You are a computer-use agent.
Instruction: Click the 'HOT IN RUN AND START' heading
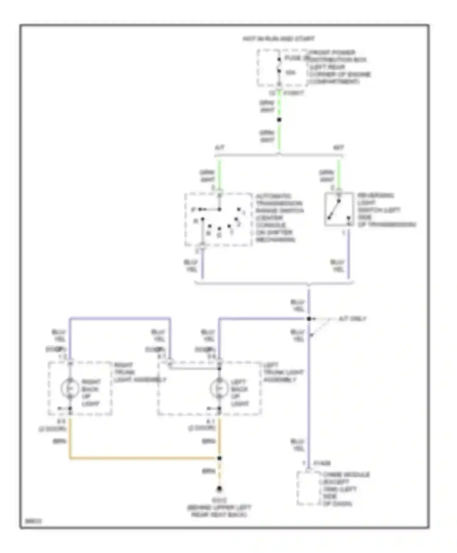(x=278, y=39)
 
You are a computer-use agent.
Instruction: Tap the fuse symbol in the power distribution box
(x=279, y=65)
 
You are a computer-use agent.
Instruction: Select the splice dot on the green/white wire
(x=279, y=120)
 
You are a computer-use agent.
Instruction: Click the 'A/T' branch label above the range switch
(x=220, y=148)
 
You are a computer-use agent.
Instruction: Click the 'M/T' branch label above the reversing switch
(x=338, y=148)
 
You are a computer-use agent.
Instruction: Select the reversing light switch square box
(x=339, y=209)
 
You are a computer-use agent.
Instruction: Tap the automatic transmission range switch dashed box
(x=218, y=219)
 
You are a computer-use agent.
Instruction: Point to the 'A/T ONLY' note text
(x=352, y=319)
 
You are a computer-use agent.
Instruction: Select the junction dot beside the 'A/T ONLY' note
(x=309, y=319)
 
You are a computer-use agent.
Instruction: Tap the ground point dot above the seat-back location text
(x=219, y=489)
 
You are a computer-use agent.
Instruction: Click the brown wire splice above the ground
(x=219, y=458)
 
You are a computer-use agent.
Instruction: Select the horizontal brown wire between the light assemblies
(x=143, y=458)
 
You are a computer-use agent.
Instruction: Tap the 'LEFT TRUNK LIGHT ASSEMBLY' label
(x=283, y=373)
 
